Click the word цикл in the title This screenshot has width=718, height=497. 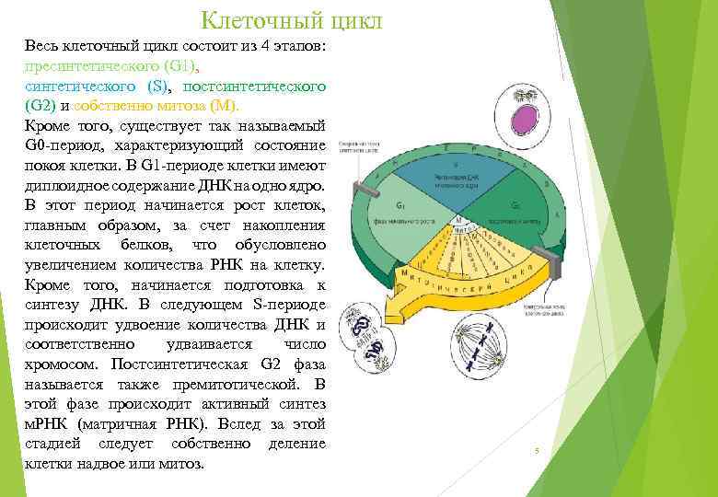pos(351,19)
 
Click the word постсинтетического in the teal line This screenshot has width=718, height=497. pos(255,86)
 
